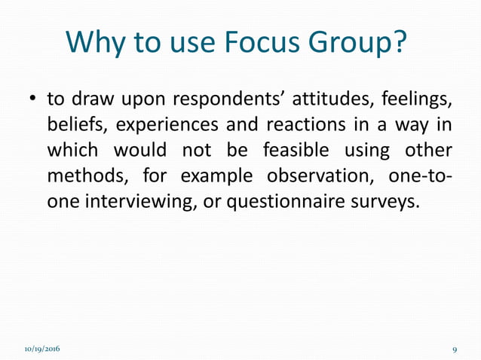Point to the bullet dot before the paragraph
click(32, 100)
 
